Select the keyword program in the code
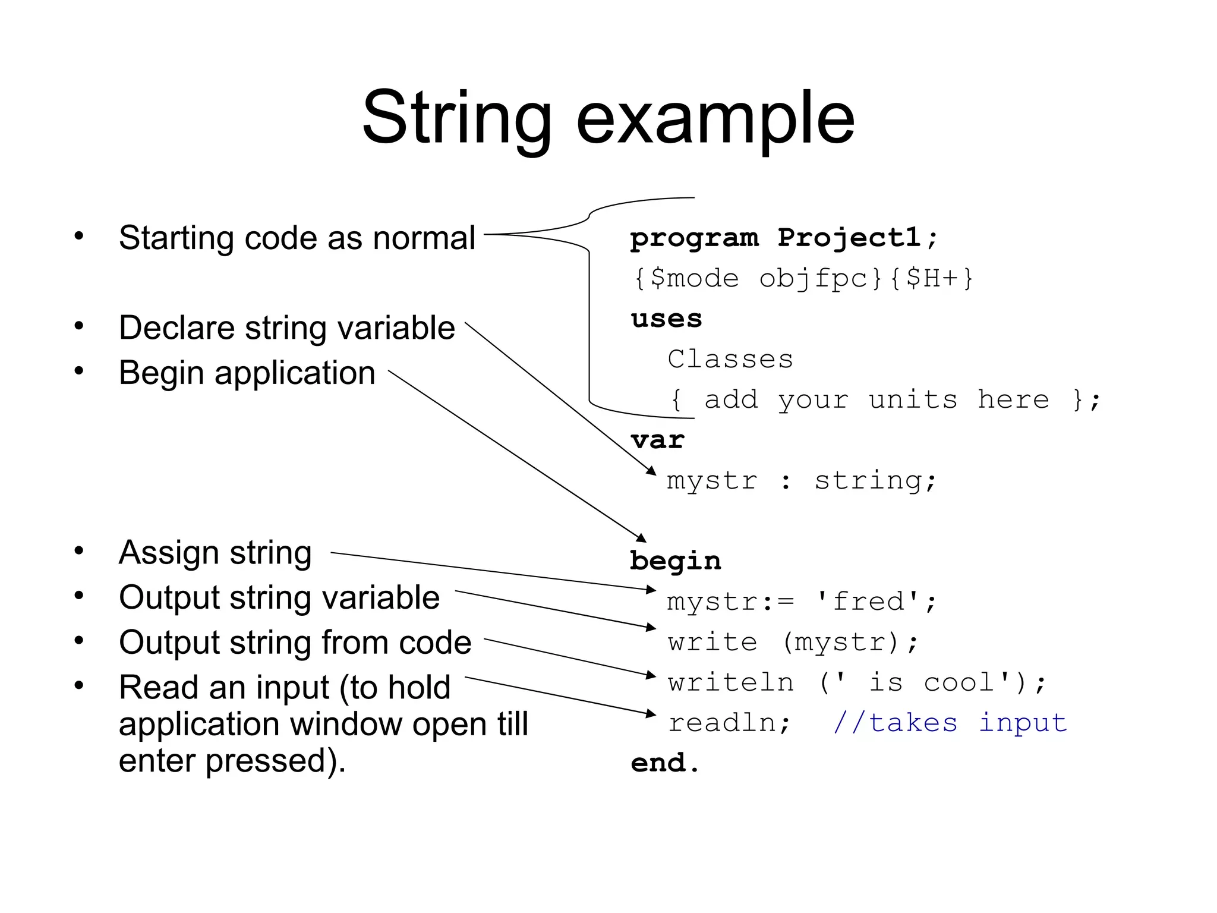[694, 238]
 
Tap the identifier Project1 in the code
[850, 238]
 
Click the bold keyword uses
[666, 319]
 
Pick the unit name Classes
[730, 359]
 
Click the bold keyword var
[658, 440]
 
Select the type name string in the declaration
[868, 481]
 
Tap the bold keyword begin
[676, 561]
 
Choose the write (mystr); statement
[793, 643]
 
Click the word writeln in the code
[730, 682]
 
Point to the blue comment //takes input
[950, 723]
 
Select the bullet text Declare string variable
[287, 328]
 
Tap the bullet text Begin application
[247, 373]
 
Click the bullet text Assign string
[215, 552]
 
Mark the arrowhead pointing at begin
[642, 539]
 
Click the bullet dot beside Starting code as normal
[79, 236]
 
